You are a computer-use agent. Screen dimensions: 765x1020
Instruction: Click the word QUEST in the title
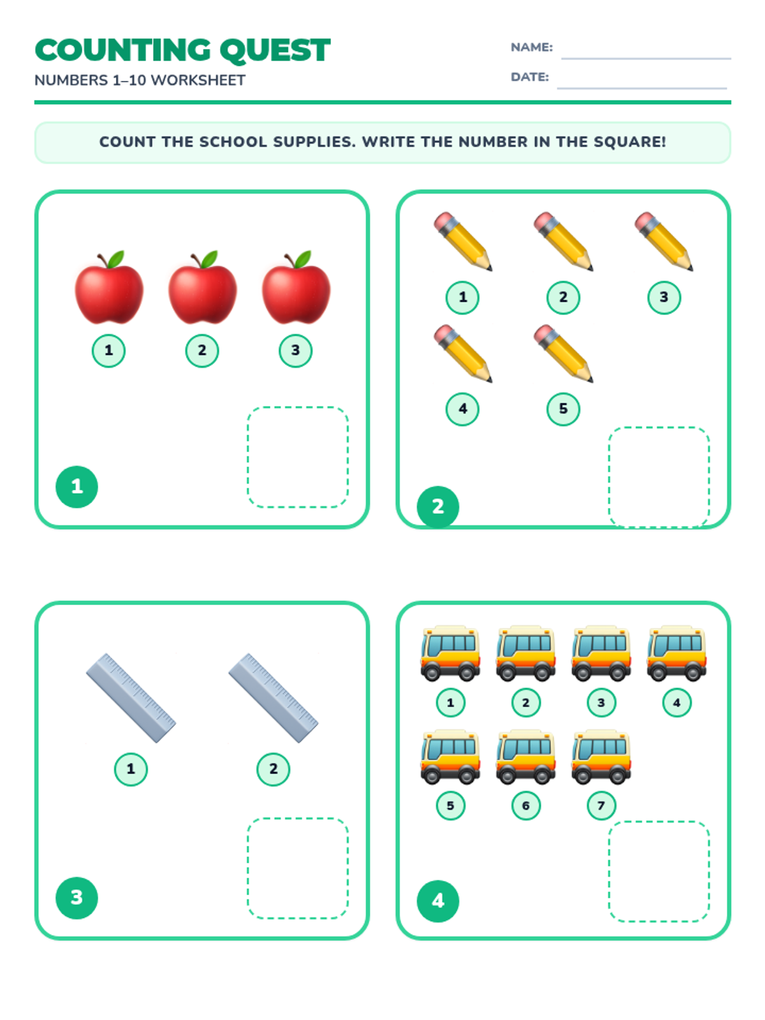275,50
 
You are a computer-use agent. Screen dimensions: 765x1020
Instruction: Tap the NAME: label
532,47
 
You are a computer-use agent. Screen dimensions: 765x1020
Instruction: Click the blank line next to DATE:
641,88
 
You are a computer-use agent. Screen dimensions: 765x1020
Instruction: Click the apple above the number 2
203,287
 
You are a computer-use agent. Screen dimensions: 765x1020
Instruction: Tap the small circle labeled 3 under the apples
295,351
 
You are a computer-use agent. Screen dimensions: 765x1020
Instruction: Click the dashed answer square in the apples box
298,457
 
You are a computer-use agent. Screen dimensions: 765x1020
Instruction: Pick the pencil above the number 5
563,353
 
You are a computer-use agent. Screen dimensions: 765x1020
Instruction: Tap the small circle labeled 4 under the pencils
462,409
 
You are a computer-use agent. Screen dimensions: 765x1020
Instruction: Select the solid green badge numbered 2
437,507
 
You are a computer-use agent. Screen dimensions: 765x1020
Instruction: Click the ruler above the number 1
131,698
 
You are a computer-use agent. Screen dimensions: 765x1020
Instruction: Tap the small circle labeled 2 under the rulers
273,769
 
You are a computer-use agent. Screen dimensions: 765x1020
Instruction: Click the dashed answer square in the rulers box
298,868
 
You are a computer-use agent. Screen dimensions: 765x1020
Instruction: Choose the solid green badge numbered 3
76,898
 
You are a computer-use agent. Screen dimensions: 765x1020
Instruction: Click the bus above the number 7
601,757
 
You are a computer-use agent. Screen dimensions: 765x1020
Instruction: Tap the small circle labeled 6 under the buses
526,805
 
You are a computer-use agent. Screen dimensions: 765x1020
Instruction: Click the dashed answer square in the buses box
659,871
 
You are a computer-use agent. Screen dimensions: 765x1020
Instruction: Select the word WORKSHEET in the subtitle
198,80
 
